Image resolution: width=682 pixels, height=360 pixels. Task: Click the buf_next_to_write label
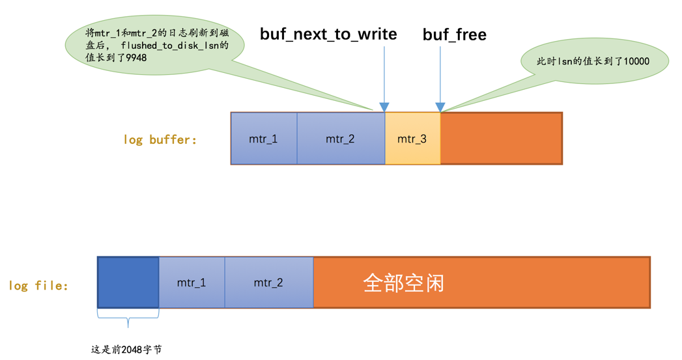(x=328, y=35)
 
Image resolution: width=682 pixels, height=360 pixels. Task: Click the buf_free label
(x=454, y=35)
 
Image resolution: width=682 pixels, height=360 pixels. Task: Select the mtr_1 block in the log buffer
(x=263, y=139)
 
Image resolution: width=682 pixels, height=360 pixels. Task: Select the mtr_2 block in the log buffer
(x=340, y=139)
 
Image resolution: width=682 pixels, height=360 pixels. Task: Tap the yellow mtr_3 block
(x=412, y=139)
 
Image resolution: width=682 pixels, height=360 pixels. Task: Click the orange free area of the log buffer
(x=501, y=139)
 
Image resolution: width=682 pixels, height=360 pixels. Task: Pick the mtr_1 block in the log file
(x=192, y=283)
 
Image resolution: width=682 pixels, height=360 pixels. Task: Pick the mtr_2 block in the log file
(x=268, y=283)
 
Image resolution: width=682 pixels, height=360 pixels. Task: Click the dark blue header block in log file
(x=128, y=283)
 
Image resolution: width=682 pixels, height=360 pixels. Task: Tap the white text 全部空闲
(x=403, y=283)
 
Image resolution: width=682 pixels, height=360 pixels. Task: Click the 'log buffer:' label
(x=160, y=139)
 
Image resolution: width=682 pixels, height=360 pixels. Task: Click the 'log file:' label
(x=38, y=285)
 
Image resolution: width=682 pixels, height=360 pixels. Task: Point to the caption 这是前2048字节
(x=126, y=350)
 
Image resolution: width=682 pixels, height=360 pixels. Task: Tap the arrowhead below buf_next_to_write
(x=384, y=107)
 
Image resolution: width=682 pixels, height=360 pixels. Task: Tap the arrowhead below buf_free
(x=440, y=107)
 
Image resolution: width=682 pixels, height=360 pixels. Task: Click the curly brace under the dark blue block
(x=128, y=319)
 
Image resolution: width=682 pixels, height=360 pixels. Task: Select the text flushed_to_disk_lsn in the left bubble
(x=175, y=46)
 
